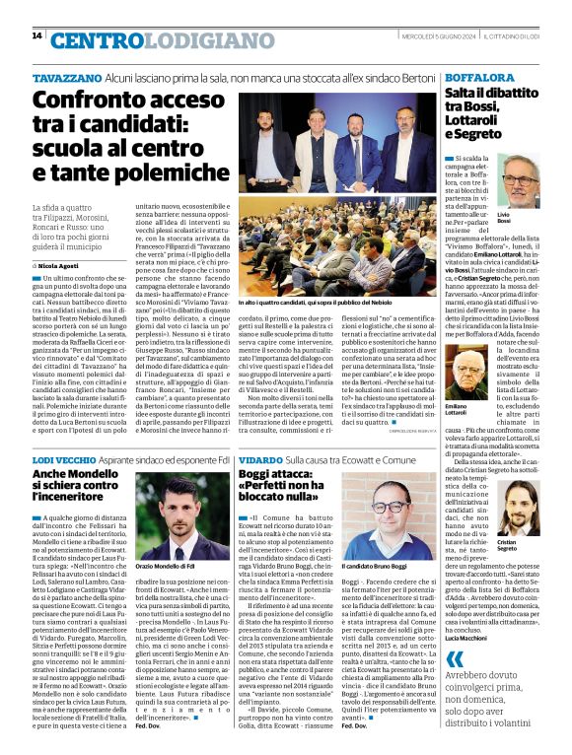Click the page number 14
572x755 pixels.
(36, 35)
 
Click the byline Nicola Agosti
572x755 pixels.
(57, 265)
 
